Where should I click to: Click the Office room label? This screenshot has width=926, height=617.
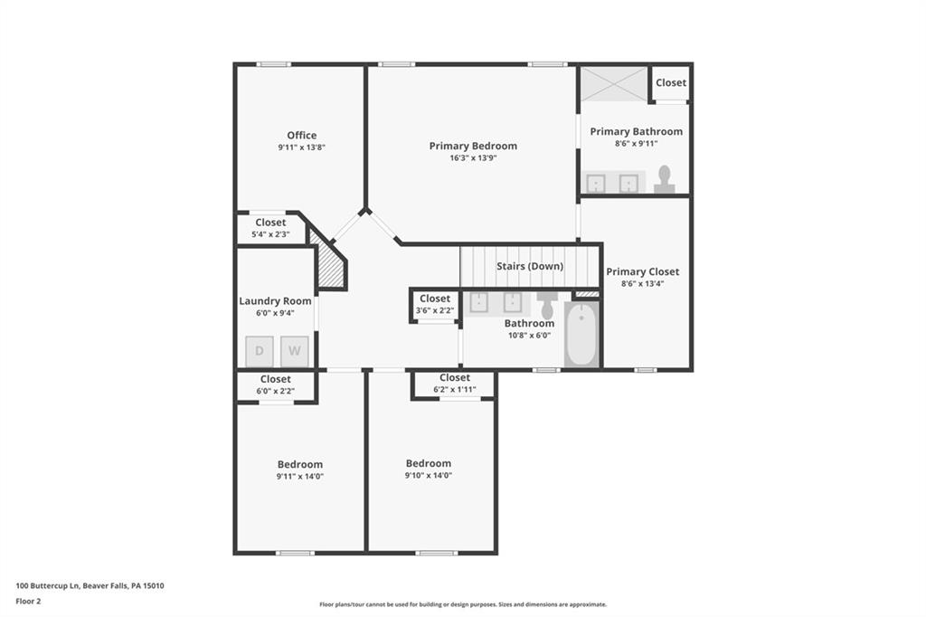[x=302, y=136]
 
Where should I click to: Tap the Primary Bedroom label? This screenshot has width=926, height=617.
[x=473, y=146]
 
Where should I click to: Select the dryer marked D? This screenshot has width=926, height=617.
[x=260, y=351]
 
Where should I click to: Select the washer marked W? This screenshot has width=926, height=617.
[x=294, y=351]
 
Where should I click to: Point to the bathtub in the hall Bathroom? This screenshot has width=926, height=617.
[x=581, y=335]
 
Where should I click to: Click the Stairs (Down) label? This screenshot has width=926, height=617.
[x=530, y=266]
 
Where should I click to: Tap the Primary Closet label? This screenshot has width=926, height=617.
[x=642, y=271]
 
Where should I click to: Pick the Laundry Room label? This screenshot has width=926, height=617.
[x=275, y=301]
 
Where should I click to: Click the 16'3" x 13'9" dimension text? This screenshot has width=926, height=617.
[x=473, y=158]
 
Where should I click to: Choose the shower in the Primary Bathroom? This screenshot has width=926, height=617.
[x=614, y=83]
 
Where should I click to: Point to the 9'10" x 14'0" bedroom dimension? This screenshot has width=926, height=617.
[x=429, y=475]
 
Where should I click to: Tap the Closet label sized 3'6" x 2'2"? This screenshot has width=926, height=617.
[x=435, y=299]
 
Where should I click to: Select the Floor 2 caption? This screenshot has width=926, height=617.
[x=28, y=600]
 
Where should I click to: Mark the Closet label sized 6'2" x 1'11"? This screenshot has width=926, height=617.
[x=455, y=377]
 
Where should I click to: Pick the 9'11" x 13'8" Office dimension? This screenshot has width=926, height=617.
[x=302, y=147]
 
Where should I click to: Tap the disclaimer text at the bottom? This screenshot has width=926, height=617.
[x=462, y=604]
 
